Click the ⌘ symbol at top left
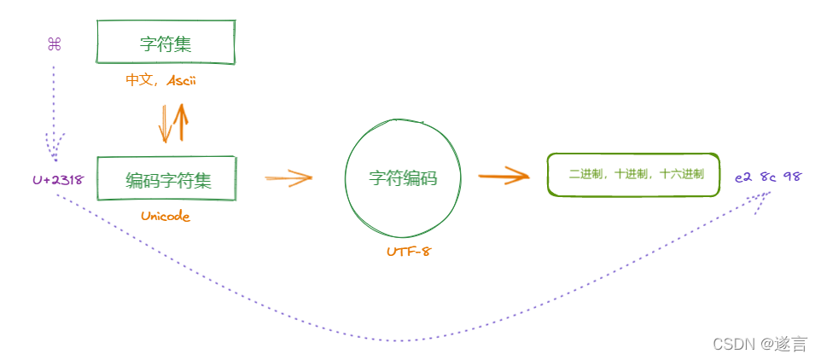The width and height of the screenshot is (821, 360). [x=54, y=44]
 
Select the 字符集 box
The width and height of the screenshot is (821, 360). [x=166, y=43]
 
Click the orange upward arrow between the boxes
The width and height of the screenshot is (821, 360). [x=180, y=123]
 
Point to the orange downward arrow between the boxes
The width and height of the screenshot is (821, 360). [x=164, y=125]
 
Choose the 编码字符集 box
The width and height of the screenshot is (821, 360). [x=166, y=179]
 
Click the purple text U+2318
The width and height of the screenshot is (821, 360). [x=58, y=180]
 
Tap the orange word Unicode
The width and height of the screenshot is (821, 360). [x=166, y=216]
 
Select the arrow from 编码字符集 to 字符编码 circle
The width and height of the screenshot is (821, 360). [x=288, y=178]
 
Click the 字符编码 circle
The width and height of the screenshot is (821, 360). [x=403, y=178]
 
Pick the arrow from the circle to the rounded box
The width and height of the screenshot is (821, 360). [x=504, y=177]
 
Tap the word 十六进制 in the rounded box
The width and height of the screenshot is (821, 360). [x=682, y=174]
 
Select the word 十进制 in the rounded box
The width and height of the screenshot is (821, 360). [x=634, y=174]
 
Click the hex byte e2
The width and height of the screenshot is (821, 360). [x=743, y=177]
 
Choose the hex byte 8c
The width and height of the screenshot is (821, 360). [x=768, y=177]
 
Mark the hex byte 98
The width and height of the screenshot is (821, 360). [x=792, y=177]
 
